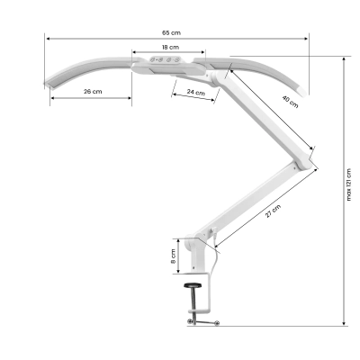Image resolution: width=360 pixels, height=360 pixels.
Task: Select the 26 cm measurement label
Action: coord(91,92)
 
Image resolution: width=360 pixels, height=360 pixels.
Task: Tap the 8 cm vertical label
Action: coord(173,256)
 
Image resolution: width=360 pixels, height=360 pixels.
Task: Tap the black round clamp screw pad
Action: coord(193,286)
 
